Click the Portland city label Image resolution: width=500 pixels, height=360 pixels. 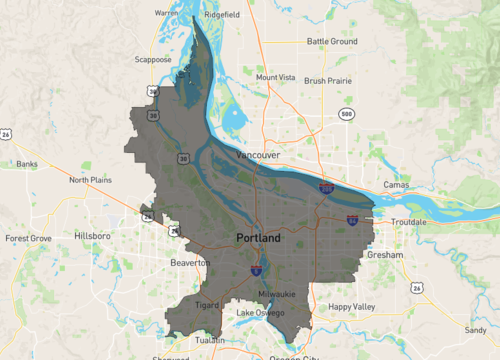click(x=259, y=239)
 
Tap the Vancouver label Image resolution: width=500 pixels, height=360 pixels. click(x=258, y=156)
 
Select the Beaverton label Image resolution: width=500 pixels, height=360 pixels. click(x=191, y=262)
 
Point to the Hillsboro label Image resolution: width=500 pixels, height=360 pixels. click(x=94, y=236)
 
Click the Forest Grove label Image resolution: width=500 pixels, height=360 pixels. click(x=28, y=239)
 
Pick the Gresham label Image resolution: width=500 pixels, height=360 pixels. click(x=385, y=256)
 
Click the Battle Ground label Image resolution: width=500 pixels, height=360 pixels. click(x=332, y=41)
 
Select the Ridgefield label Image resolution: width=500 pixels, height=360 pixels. click(x=223, y=16)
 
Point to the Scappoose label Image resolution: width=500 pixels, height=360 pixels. click(x=153, y=60)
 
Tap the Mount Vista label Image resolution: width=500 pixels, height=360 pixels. click(x=275, y=77)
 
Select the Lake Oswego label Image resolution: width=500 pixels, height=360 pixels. click(x=259, y=314)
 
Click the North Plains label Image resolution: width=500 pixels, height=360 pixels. click(x=91, y=180)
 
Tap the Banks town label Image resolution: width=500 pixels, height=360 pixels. click(x=27, y=163)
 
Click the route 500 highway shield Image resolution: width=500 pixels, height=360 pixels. click(x=346, y=114)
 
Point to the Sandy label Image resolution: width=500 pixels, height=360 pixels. click(x=475, y=329)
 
